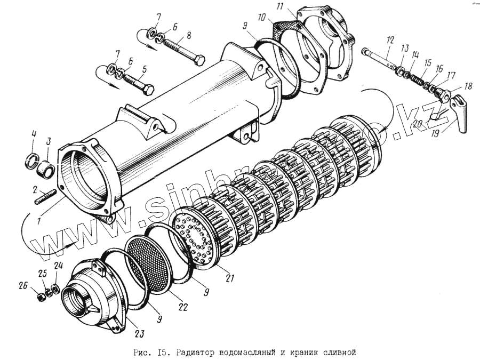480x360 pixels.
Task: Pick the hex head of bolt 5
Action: point(149,89)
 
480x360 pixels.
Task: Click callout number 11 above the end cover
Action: point(281,7)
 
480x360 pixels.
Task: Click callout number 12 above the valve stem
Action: point(390,39)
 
